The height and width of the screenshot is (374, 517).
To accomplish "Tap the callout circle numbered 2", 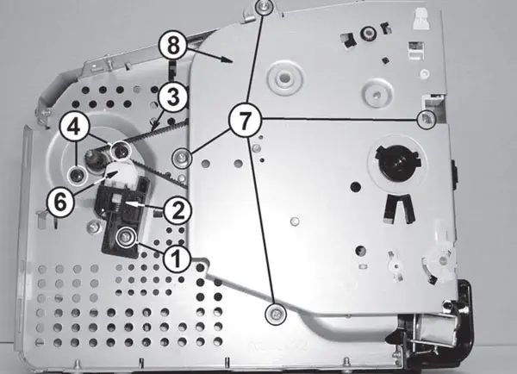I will (176, 209).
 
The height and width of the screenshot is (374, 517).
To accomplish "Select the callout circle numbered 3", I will (173, 97).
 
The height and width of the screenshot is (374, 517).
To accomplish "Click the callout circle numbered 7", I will (246, 120).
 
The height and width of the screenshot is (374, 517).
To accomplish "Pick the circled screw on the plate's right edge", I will (425, 120).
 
